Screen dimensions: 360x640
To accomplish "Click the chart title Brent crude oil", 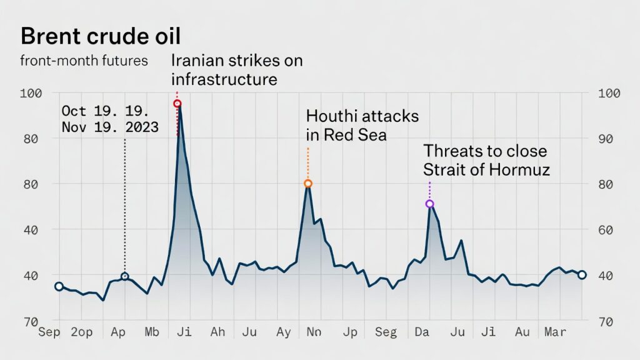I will (101, 36).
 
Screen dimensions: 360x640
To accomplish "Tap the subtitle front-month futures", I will (84, 61).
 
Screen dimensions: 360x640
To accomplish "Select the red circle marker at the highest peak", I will (177, 104).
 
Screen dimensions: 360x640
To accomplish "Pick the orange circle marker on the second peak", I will (307, 184).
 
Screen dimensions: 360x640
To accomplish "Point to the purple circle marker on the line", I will (429, 204).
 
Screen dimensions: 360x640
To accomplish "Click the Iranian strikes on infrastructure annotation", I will (236, 70).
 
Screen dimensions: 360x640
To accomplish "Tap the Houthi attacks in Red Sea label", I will (362, 126).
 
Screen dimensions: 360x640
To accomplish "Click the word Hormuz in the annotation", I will (520, 169).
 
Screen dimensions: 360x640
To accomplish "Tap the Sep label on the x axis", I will (49, 332).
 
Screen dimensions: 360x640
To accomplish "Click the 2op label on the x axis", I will (81, 332).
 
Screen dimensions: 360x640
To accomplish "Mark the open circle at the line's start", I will (59, 286).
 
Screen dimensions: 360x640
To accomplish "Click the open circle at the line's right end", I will (581, 275).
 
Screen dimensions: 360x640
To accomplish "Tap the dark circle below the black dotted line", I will (125, 276).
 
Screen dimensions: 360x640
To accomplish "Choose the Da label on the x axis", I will (421, 332).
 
